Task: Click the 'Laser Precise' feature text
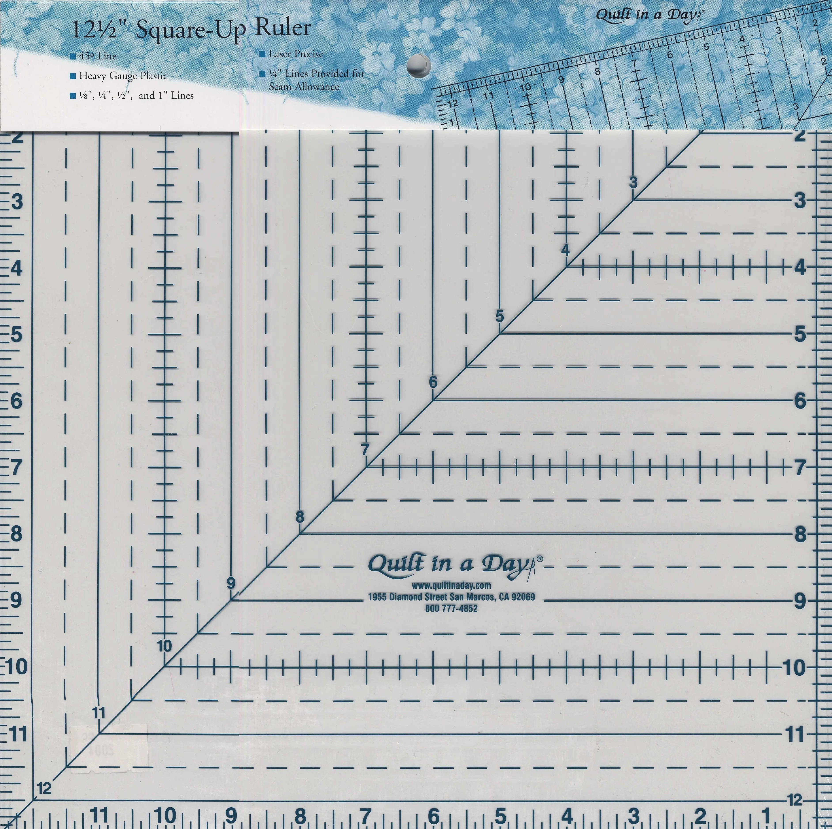pyautogui.click(x=296, y=54)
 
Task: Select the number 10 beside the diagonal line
pyautogui.click(x=164, y=646)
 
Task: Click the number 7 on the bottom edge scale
pyautogui.click(x=365, y=816)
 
